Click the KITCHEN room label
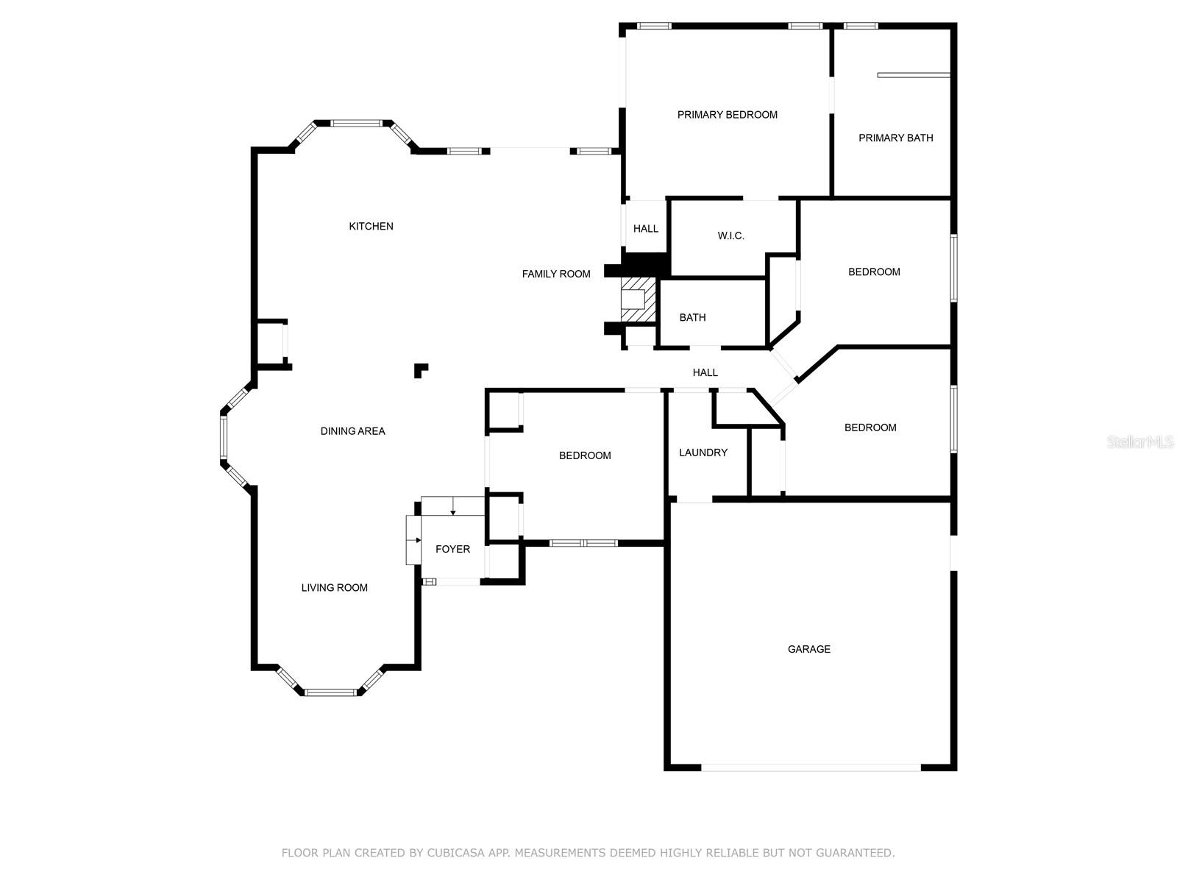tap(371, 226)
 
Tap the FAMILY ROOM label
tap(556, 274)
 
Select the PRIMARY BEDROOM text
tap(727, 115)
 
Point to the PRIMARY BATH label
tap(895, 138)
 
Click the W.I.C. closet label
tap(730, 235)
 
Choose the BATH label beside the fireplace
tap(692, 317)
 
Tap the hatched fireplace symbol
tap(637, 299)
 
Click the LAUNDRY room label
tap(703, 453)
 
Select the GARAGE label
tap(808, 649)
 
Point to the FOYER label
tap(452, 549)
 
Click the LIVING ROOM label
tap(334, 587)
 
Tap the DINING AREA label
tap(352, 431)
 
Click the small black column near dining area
tap(420, 370)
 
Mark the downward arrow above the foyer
tap(453, 507)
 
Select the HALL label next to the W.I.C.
tap(645, 228)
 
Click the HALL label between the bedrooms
tap(705, 372)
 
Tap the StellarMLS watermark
tap(1139, 441)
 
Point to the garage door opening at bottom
tap(810, 767)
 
